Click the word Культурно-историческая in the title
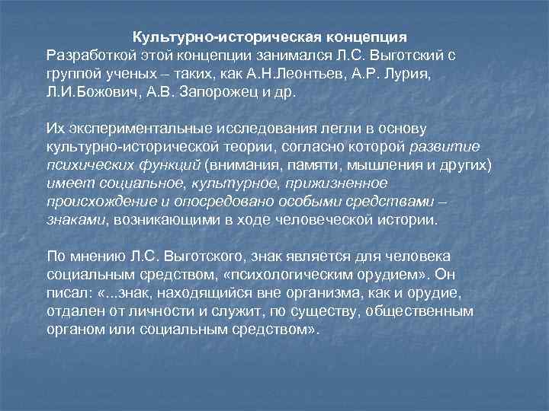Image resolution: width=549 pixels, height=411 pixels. (x=206, y=37)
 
